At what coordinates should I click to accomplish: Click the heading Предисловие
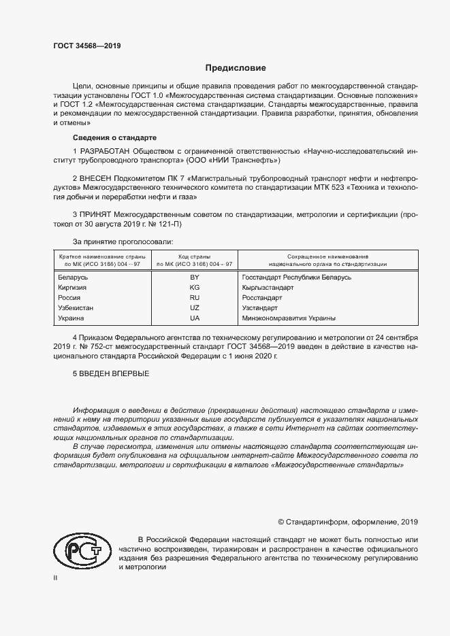click(236, 68)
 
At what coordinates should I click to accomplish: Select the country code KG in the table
click(194, 288)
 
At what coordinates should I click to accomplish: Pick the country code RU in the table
click(194, 298)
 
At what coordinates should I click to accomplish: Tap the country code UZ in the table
click(194, 308)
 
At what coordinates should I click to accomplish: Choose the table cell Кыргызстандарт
click(268, 288)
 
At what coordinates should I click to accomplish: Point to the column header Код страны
click(194, 254)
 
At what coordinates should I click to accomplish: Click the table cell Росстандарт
click(262, 298)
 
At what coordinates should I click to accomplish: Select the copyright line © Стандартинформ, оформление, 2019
click(348, 522)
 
